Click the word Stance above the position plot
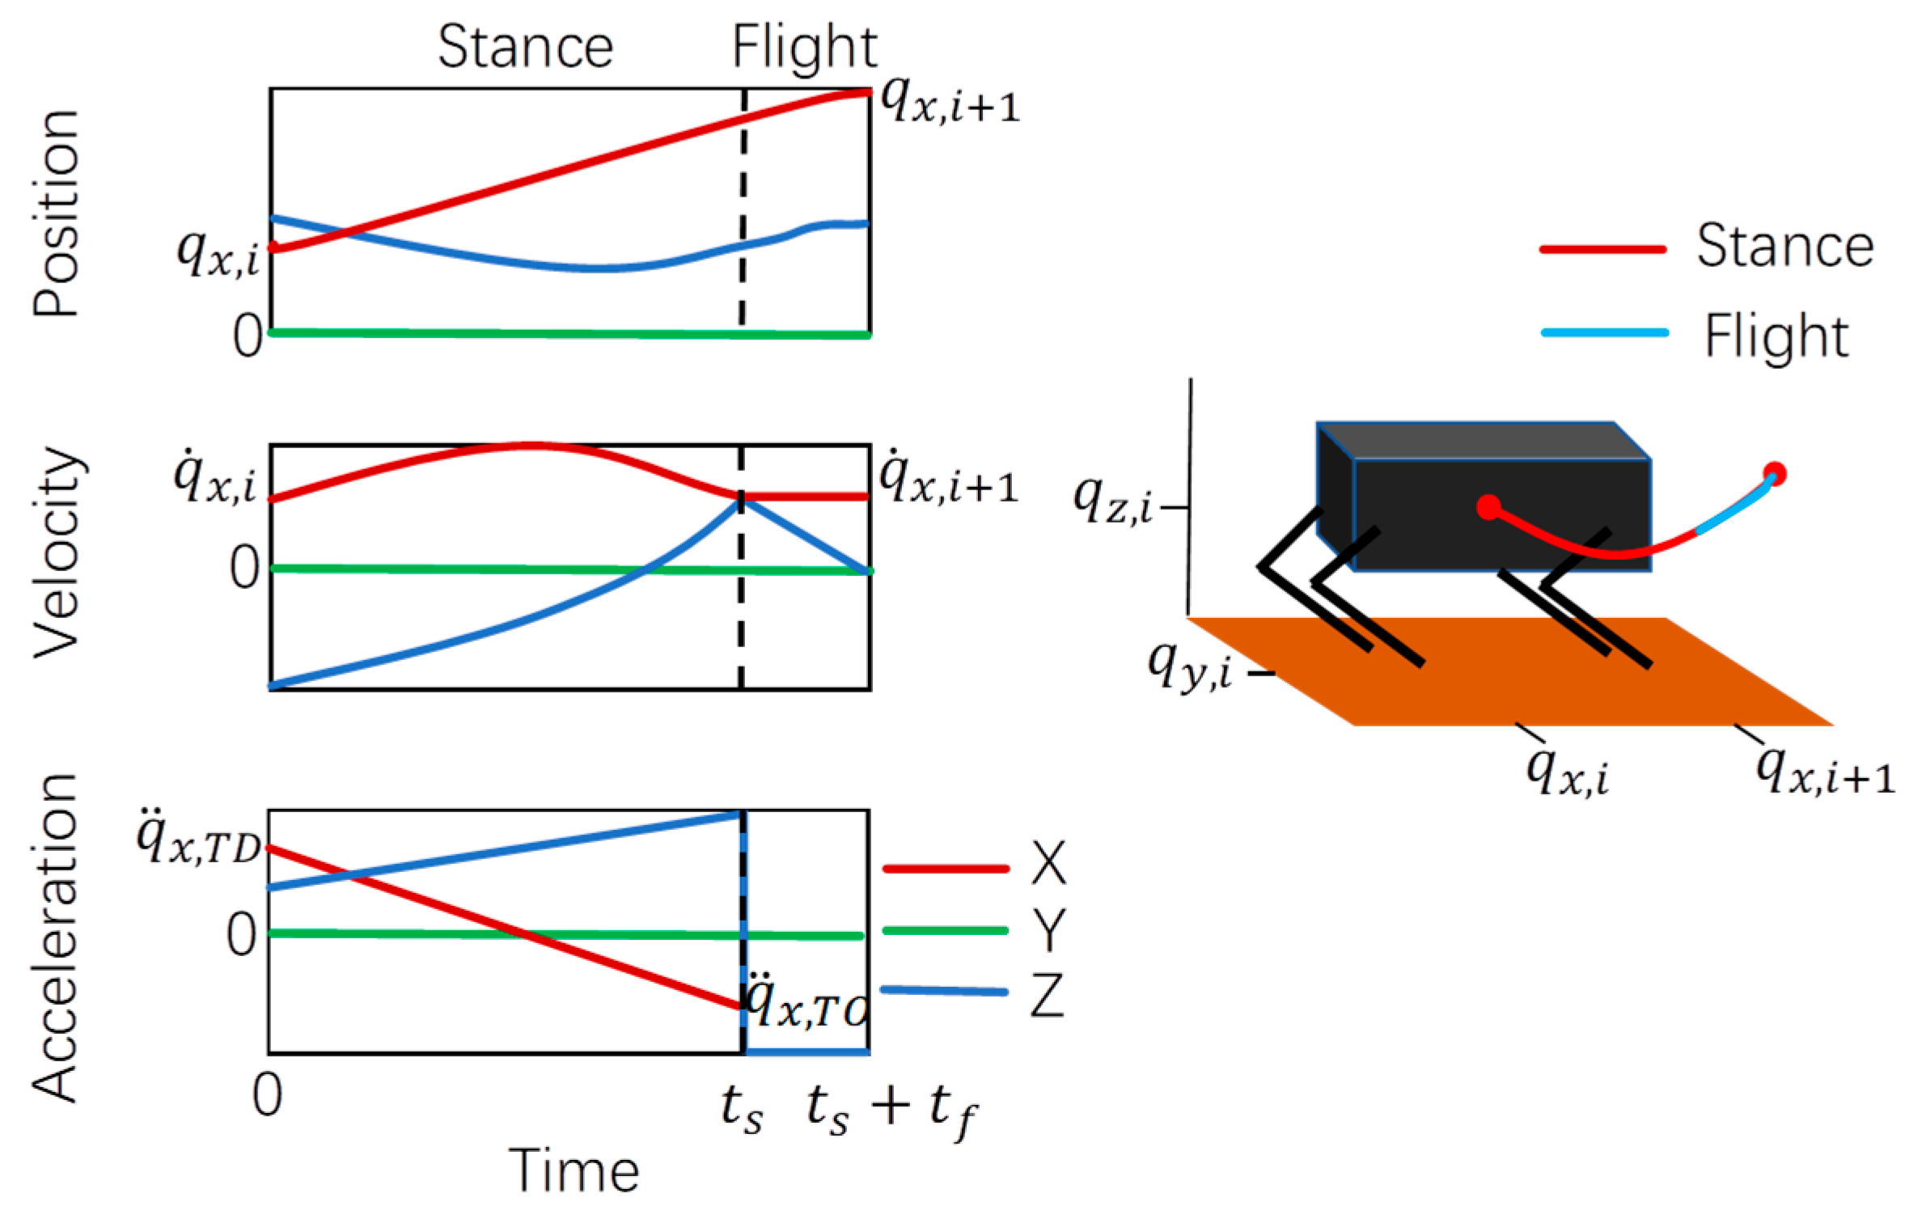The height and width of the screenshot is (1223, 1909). coord(525,47)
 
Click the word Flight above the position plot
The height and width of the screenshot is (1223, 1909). coord(804,47)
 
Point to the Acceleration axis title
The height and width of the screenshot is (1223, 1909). coord(55,937)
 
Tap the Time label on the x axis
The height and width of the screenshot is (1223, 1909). coord(574,1170)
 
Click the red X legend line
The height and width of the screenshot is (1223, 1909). coord(946,869)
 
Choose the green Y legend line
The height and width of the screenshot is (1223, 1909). coord(946,930)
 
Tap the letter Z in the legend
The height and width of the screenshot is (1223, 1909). coord(1048,995)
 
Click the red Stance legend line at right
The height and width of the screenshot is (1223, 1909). coord(1602,249)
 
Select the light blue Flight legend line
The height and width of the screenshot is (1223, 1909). coord(1605,332)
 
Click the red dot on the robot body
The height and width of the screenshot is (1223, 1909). coord(1488,507)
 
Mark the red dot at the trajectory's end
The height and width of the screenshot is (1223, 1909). coord(1775,473)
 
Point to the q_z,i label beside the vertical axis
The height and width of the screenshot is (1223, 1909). coord(1112,501)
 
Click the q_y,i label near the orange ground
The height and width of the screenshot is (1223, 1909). coord(1189,666)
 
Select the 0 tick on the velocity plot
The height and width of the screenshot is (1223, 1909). coord(244,568)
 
